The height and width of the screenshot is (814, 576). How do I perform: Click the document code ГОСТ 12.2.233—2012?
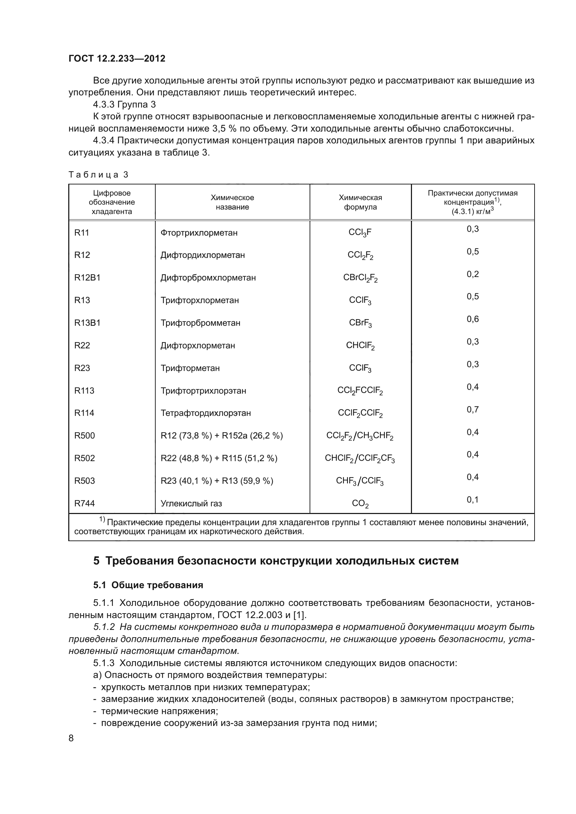click(117, 58)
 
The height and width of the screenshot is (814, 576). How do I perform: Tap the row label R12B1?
click(87, 278)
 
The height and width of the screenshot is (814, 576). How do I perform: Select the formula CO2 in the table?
click(360, 504)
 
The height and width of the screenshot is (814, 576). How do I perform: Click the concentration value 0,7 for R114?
click(473, 410)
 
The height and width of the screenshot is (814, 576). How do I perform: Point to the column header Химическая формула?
click(360, 202)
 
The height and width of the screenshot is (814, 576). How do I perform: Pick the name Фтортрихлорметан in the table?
click(199, 233)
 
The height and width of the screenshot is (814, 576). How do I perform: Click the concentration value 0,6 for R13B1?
click(473, 319)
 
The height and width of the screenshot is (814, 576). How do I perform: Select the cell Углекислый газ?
click(191, 504)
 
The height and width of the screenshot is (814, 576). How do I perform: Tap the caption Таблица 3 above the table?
click(98, 175)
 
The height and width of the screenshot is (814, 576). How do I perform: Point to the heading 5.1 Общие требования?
click(148, 585)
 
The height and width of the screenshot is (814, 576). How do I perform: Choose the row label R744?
click(84, 504)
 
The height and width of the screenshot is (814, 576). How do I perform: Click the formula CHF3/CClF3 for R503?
click(360, 481)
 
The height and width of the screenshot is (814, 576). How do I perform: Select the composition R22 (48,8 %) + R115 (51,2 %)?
click(219, 458)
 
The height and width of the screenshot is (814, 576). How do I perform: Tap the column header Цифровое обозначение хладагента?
click(112, 202)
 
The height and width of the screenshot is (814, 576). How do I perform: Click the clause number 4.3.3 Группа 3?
click(124, 105)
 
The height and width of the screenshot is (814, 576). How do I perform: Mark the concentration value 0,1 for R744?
click(473, 500)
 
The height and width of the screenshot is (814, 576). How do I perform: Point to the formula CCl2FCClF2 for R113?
click(360, 391)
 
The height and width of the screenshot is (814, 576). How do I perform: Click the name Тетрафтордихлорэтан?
click(206, 413)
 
